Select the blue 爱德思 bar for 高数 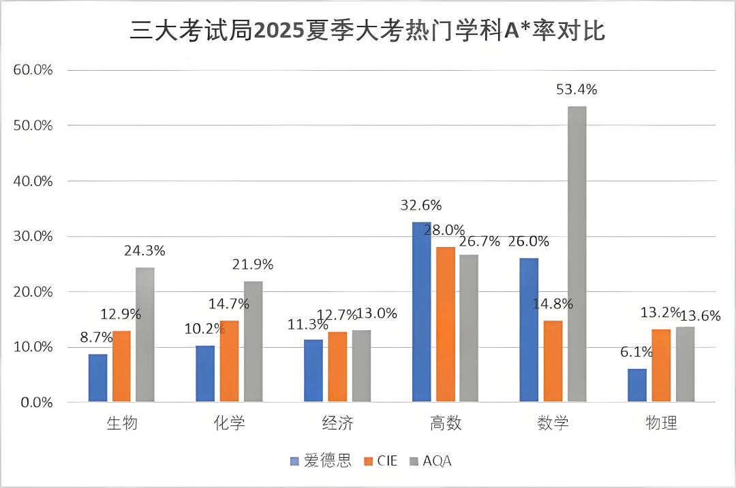click(422, 312)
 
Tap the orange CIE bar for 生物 click(121, 366)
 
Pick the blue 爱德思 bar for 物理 click(637, 385)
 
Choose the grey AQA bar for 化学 click(253, 341)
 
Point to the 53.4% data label click(576, 89)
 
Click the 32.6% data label click(421, 205)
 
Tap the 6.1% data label click(637, 352)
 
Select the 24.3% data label click(144, 250)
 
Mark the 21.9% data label click(252, 264)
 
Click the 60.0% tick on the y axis click(33, 70)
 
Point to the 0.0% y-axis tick click(36, 402)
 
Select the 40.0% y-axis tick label click(33, 181)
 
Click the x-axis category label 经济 click(337, 423)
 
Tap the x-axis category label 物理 click(661, 423)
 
